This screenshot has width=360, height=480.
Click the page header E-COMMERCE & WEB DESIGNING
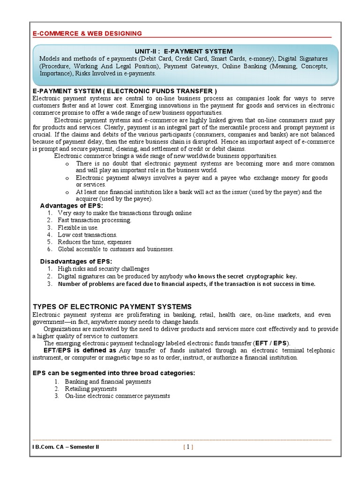[87, 33]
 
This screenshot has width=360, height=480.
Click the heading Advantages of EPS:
[71, 206]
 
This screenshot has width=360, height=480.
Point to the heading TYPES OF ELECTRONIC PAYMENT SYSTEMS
[112, 306]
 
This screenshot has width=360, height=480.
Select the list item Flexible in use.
[78, 227]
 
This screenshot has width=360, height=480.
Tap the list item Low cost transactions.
[87, 234]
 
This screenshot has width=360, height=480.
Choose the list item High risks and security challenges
[104, 269]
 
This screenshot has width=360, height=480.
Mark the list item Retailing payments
[91, 389]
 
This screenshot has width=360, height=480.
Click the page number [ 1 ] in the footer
[188, 447]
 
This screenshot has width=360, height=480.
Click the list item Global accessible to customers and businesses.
[115, 249]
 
